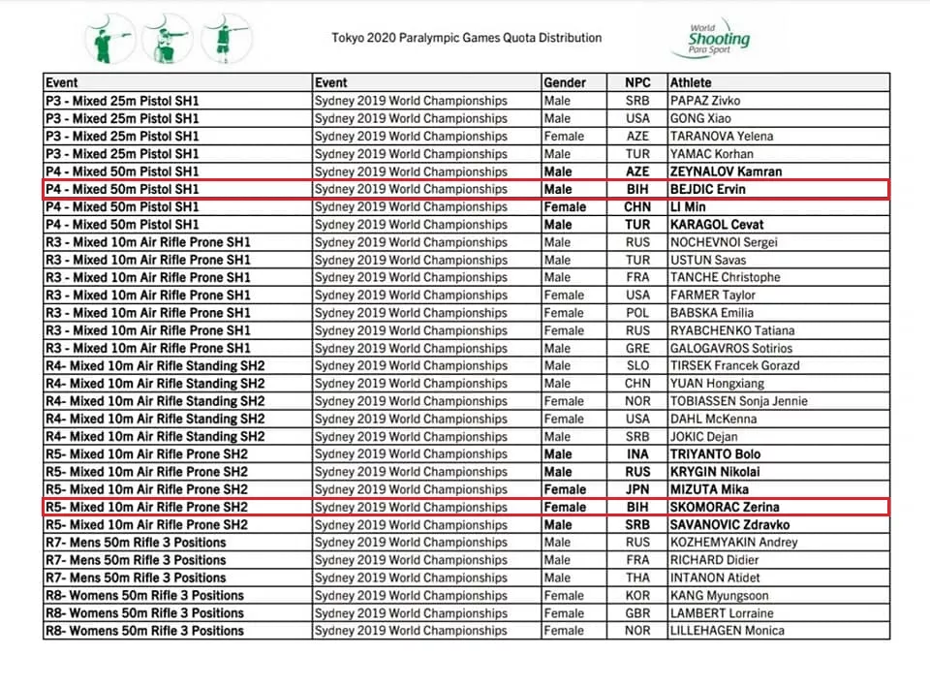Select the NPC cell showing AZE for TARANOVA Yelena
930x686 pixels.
637,137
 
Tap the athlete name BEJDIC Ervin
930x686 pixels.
709,189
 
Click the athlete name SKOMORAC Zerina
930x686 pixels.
725,507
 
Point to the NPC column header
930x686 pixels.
637,83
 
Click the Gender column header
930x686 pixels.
565,83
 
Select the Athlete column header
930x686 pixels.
690,83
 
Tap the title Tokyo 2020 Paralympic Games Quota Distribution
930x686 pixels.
467,38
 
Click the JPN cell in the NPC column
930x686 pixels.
637,489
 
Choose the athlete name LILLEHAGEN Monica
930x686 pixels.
728,631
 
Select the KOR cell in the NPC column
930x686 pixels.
637,595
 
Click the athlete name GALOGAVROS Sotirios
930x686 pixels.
730,348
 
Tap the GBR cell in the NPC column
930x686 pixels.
637,613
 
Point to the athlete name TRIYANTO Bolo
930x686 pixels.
716,453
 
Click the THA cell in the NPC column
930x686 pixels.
637,577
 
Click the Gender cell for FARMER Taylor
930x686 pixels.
564,295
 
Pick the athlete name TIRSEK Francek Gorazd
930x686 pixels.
734,365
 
